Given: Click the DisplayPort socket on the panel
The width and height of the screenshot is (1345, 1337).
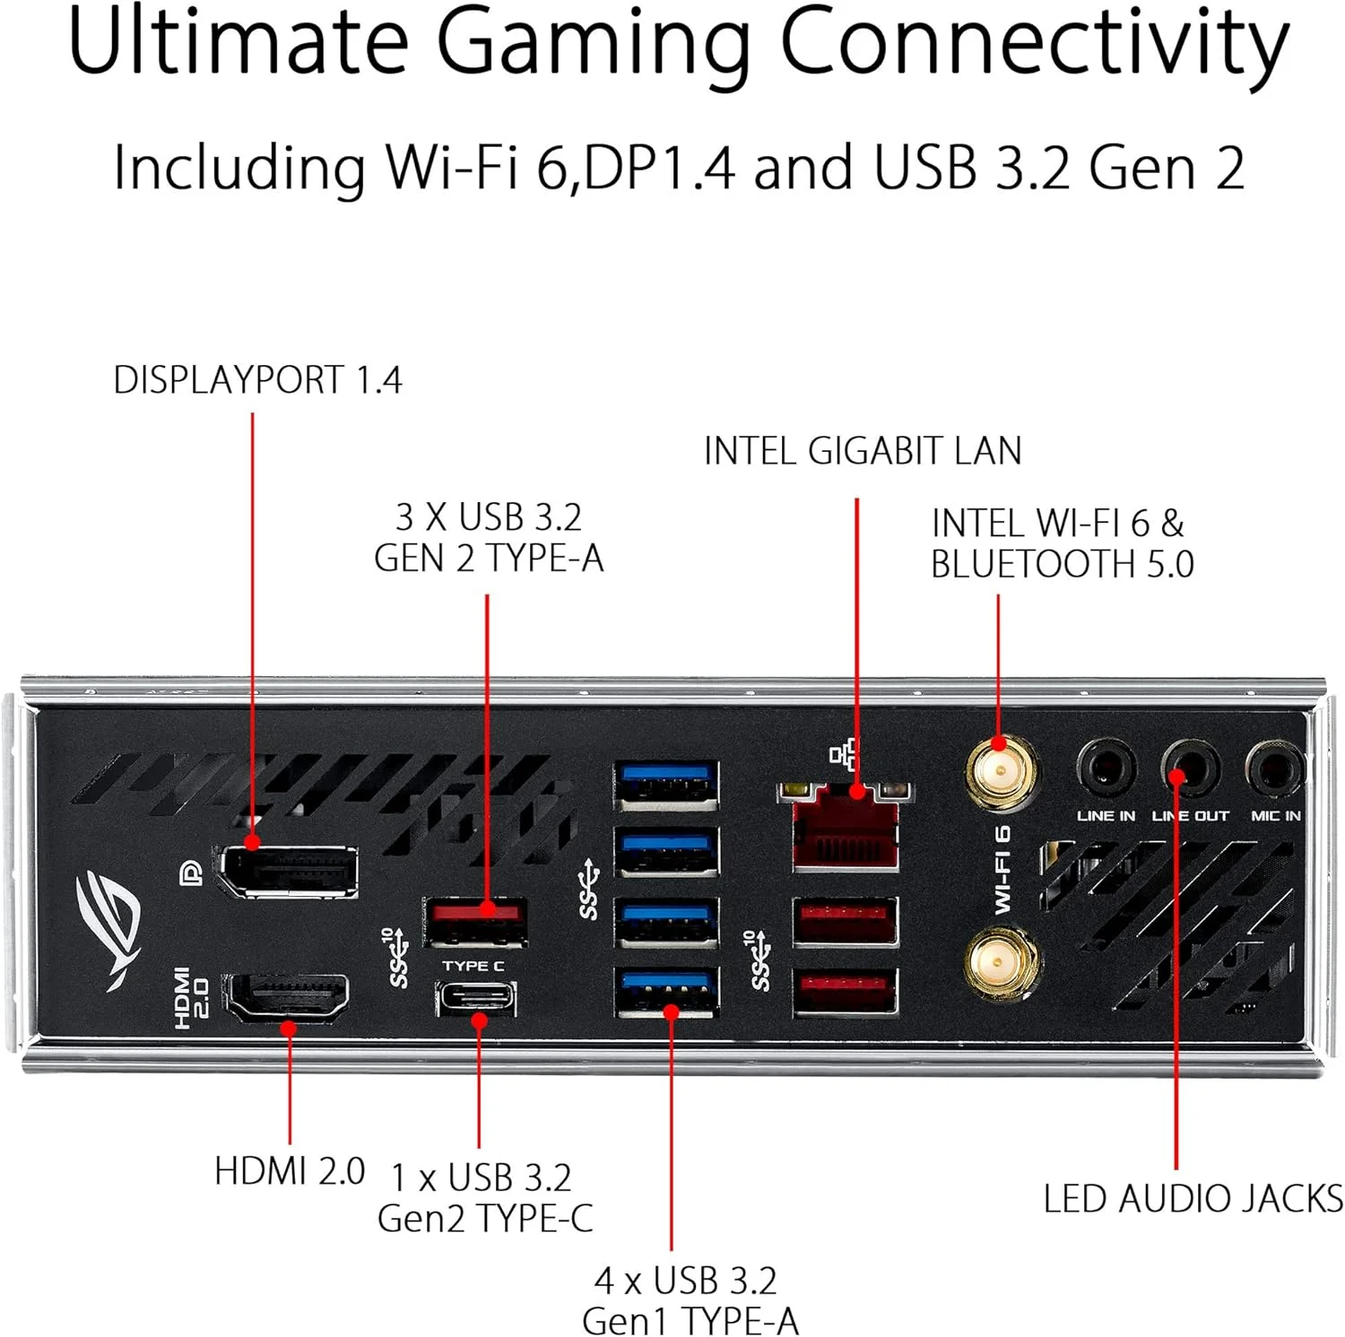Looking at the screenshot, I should tap(288, 869).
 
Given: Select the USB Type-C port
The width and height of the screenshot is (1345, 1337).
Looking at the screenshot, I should tap(477, 997).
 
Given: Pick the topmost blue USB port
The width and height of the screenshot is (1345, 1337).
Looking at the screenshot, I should tap(666, 784).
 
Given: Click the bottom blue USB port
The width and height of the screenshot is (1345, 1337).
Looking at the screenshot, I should tap(666, 991).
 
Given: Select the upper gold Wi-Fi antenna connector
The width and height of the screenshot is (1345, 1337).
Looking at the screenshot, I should tap(1001, 770).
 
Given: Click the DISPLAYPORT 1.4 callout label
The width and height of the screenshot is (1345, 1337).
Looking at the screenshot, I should tap(257, 380).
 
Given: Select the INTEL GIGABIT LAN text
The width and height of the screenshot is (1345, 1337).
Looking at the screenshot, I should tap(863, 451).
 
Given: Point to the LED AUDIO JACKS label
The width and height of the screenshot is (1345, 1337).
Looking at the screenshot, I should tap(1193, 1199).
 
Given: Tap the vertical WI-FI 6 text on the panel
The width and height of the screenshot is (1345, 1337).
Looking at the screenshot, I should tap(1002, 869).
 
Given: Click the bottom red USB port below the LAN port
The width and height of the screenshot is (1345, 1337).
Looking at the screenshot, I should tap(846, 990).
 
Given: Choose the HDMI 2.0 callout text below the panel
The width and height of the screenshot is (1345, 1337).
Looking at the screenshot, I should tap(290, 1171).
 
